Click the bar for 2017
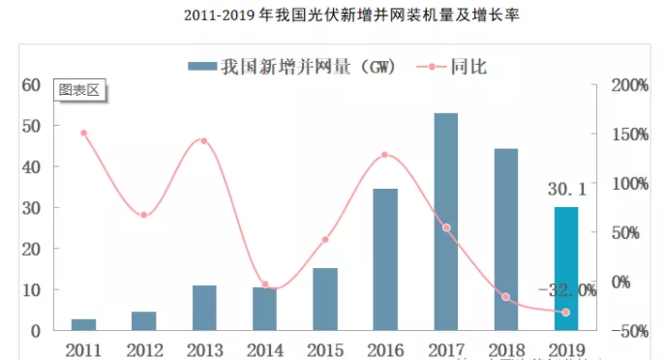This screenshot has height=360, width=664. click(x=445, y=222)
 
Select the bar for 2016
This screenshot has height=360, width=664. click(x=385, y=259)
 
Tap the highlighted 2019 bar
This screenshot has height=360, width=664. click(x=566, y=268)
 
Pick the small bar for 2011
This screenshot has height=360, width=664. click(x=83, y=324)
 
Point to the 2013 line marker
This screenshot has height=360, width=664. click(x=203, y=141)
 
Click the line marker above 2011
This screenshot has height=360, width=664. click(x=83, y=133)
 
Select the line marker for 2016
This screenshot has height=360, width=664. click(x=384, y=155)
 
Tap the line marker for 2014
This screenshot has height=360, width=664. click(x=264, y=285)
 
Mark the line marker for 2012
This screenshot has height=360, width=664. click(x=143, y=215)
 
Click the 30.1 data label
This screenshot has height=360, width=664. click(x=566, y=190)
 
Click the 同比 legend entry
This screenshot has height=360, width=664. click(x=459, y=67)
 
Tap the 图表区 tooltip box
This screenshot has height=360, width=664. click(x=79, y=90)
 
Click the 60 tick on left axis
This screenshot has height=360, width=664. click(x=30, y=85)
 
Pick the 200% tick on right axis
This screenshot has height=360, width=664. click(x=629, y=85)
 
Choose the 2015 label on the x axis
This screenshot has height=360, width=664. click(x=324, y=347)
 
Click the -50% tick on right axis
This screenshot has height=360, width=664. click(x=629, y=331)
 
